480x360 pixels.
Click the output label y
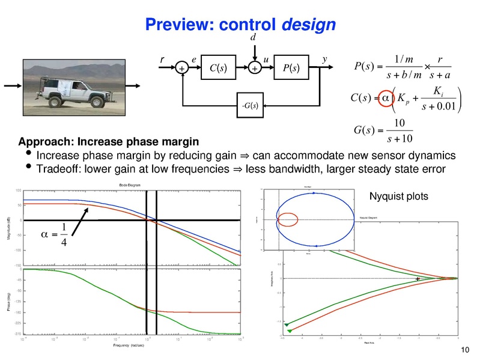(x=324, y=59)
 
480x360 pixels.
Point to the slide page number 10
(x=463, y=351)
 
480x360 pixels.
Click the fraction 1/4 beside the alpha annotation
(x=64, y=234)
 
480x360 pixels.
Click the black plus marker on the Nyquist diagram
(x=418, y=279)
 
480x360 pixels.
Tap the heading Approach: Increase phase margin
(x=108, y=142)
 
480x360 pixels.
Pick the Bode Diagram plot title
(x=130, y=185)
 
